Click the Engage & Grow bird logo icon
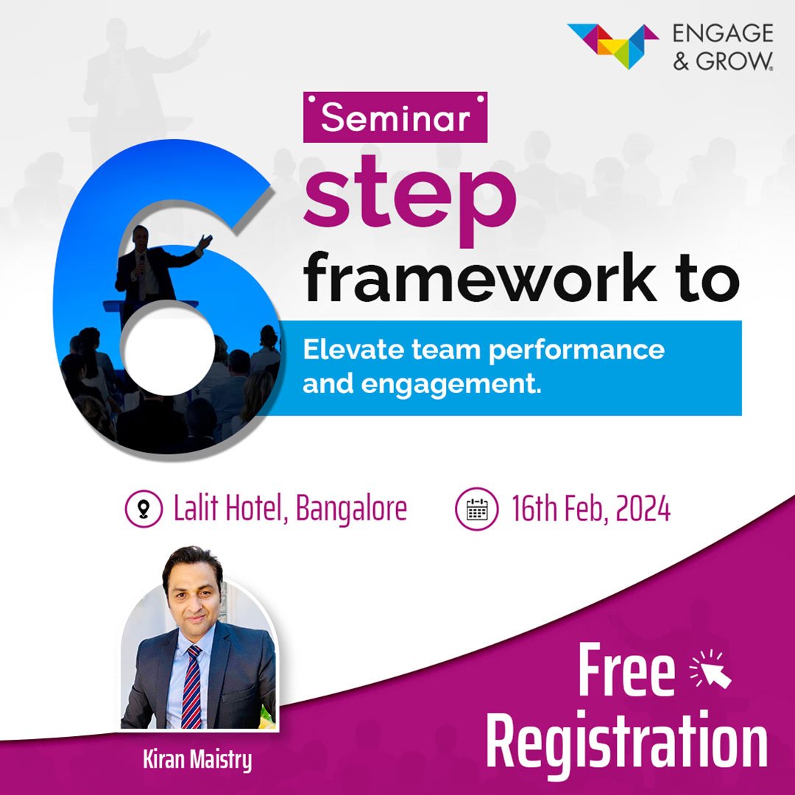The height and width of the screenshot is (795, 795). click(613, 46)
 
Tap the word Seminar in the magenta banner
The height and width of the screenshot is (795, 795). click(395, 118)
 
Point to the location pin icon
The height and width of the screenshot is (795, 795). click(144, 509)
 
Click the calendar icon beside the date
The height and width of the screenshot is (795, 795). click(476, 509)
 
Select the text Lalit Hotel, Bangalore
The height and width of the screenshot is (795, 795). click(290, 509)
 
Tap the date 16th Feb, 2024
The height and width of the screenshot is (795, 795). click(590, 509)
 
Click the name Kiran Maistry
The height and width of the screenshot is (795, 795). click(197, 760)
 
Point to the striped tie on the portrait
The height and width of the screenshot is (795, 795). click(191, 687)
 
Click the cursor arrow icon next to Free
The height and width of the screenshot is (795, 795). click(711, 669)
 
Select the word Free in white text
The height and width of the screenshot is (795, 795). click(626, 670)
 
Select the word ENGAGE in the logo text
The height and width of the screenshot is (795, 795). click(723, 33)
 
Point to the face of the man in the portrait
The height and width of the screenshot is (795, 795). click(194, 593)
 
